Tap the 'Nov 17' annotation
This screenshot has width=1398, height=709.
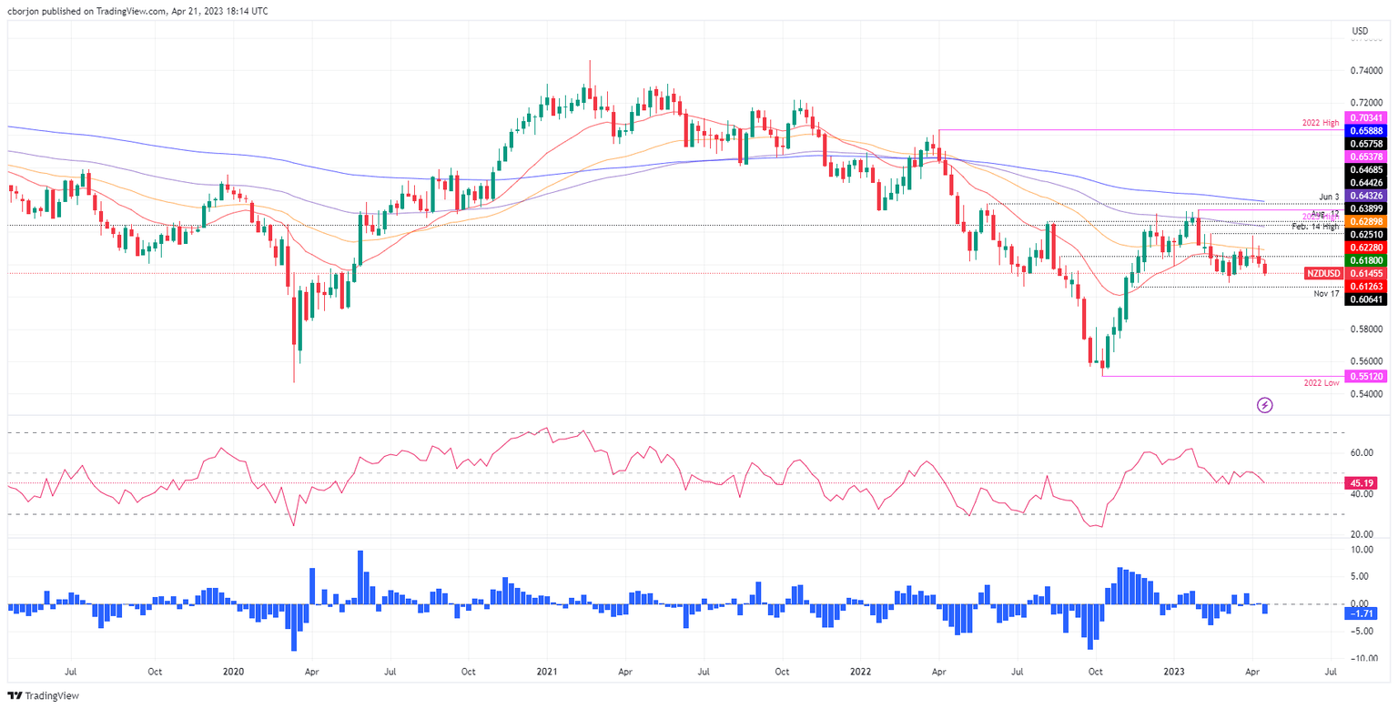click(x=1326, y=294)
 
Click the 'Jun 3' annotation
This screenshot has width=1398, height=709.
click(x=1329, y=197)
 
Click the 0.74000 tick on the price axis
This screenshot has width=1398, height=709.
click(x=1364, y=70)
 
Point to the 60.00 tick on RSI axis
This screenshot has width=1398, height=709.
click(x=1362, y=452)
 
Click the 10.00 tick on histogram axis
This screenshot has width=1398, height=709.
click(x=1362, y=550)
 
